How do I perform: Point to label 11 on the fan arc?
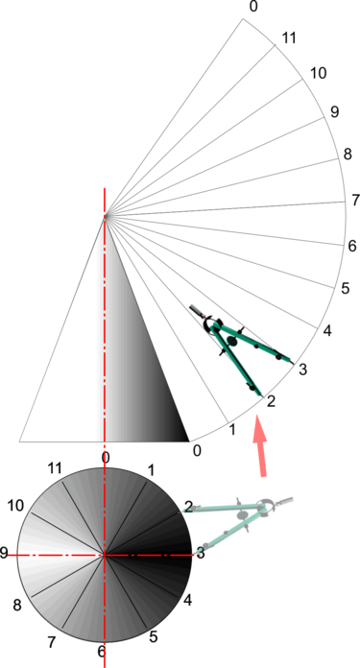(x=289, y=38)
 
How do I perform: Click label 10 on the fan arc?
(x=319, y=73)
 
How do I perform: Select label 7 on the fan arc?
(x=354, y=201)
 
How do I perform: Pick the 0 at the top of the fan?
(x=252, y=7)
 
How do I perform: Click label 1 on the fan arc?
(x=231, y=429)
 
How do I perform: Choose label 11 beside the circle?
(x=55, y=467)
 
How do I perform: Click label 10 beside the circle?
(x=14, y=505)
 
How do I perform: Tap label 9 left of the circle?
(x=5, y=553)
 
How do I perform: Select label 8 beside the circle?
(x=16, y=605)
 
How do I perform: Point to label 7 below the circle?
(x=53, y=640)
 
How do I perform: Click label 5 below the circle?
(x=154, y=636)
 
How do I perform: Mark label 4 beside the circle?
(x=188, y=601)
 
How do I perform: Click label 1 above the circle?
(x=150, y=469)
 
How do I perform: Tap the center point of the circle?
(x=104, y=555)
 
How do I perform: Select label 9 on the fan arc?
(x=334, y=112)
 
